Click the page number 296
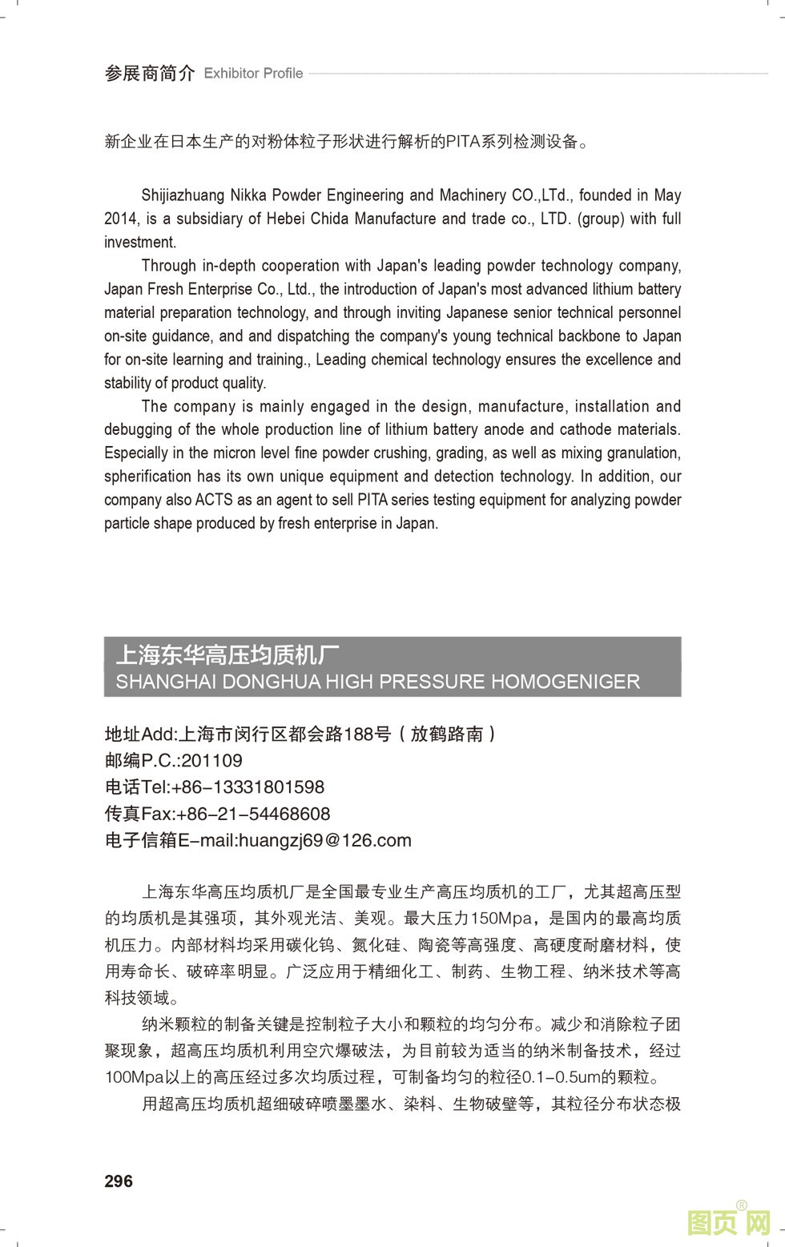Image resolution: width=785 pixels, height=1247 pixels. coord(119,1181)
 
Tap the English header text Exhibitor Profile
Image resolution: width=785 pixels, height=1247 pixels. coord(253,74)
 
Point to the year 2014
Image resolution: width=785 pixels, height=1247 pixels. coord(121,219)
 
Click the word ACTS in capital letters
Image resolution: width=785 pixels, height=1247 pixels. coord(214,500)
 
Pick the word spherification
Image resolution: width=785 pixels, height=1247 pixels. coord(148,477)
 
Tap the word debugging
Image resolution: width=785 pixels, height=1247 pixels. coord(137,429)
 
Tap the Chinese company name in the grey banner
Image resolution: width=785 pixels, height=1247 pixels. coord(222,655)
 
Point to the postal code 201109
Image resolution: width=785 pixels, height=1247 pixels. coord(211,761)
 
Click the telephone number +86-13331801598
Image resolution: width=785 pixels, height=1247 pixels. coord(248,787)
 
